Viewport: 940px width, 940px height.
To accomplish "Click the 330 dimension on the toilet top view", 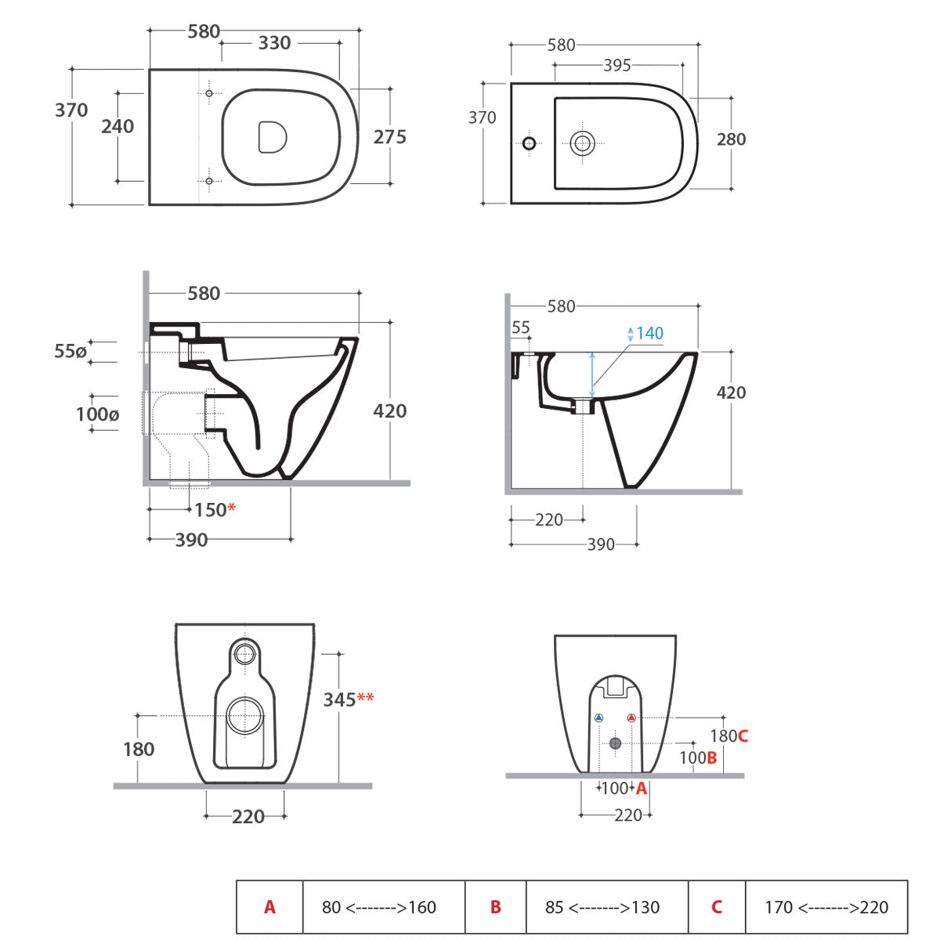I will click(274, 43).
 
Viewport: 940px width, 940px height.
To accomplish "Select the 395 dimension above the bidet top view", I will click(616, 66).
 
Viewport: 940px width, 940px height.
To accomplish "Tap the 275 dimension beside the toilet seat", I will click(389, 137).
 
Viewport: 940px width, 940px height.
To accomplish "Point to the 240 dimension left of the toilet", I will click(117, 126).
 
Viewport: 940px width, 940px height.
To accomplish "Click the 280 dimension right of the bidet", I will click(731, 139).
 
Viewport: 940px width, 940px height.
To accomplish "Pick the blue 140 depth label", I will click(649, 333).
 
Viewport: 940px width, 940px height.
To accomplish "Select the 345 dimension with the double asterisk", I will click(349, 699).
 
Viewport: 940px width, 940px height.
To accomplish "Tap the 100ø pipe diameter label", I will click(97, 414).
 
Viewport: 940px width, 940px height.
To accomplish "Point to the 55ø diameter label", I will click(70, 352).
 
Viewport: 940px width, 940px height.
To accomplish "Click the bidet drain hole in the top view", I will click(582, 143).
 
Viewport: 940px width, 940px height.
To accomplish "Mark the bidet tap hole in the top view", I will click(529, 143).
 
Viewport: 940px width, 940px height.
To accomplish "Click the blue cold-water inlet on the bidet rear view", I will click(599, 718).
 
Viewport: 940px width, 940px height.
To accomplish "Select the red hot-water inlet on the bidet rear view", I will click(631, 718).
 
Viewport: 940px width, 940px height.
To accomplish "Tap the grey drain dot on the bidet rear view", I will click(615, 743).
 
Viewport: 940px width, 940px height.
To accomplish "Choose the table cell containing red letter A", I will click(269, 907).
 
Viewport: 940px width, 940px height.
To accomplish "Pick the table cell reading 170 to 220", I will click(826, 907).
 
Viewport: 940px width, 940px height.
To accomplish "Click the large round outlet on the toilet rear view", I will click(246, 716).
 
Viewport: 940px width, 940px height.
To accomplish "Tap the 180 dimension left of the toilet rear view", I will click(139, 750).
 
